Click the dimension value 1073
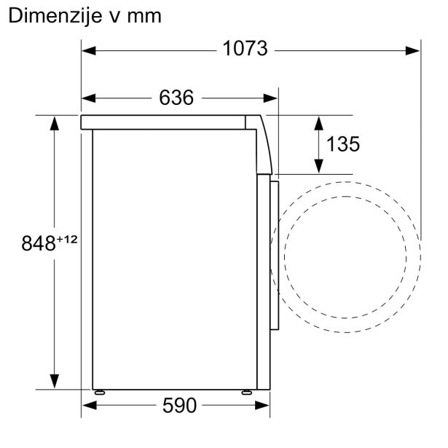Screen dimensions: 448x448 click(x=245, y=50)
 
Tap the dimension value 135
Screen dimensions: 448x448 click(x=342, y=144)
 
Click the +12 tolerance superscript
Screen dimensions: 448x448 click(x=66, y=238)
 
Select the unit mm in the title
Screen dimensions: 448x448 click(x=142, y=15)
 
